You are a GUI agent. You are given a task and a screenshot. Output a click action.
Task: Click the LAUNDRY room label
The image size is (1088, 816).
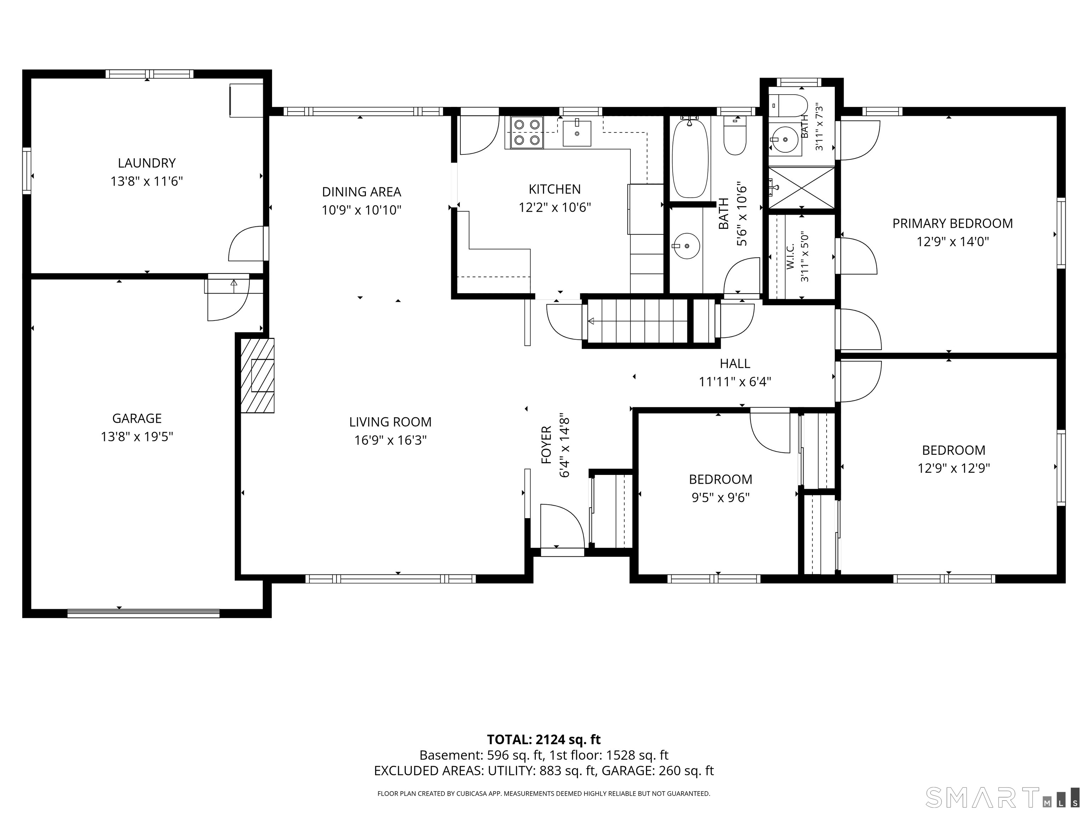tap(147, 163)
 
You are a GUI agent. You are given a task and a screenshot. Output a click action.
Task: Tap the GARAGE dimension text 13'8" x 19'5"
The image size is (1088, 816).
tap(137, 437)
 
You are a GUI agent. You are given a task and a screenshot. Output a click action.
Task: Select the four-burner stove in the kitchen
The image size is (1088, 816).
tap(527, 132)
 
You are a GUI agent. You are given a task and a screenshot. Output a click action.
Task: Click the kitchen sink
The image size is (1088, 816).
tap(577, 132)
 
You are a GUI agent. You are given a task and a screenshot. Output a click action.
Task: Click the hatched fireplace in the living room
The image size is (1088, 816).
tap(257, 375)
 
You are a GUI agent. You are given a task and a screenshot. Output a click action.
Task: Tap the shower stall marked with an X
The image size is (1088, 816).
tap(802, 187)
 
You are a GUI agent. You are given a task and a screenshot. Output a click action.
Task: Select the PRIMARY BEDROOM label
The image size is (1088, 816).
tap(953, 223)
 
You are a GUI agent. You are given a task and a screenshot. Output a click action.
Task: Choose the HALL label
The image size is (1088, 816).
tap(735, 363)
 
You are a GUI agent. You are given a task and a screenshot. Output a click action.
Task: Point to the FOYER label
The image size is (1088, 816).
tap(546, 445)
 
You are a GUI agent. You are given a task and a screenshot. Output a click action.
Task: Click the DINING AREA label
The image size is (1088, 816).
tap(362, 192)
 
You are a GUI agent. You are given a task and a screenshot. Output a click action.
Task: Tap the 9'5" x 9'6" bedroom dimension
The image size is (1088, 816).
tap(721, 498)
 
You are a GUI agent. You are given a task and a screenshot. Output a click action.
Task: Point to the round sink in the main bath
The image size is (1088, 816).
tap(686, 245)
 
